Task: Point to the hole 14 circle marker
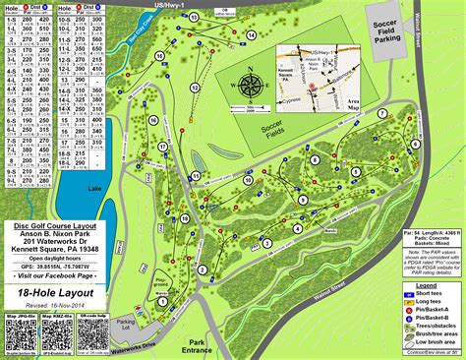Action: (x=252, y=36)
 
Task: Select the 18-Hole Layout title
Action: (x=50, y=292)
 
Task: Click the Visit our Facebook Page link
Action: (x=51, y=276)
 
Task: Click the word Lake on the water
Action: (x=65, y=187)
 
